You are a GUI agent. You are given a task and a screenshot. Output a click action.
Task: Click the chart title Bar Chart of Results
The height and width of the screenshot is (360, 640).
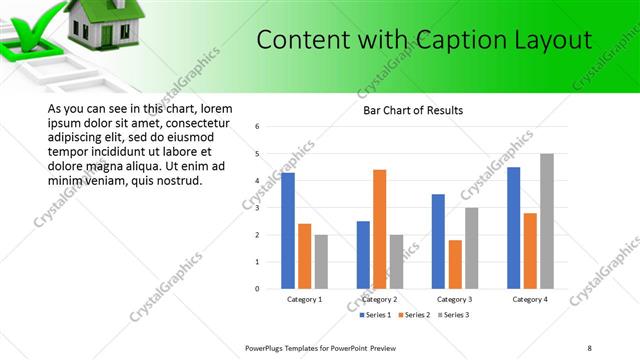[412, 110]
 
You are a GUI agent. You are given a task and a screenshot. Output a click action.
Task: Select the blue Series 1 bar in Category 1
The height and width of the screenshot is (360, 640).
[288, 230]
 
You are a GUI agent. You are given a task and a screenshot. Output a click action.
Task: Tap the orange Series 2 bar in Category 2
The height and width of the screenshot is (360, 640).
[380, 229]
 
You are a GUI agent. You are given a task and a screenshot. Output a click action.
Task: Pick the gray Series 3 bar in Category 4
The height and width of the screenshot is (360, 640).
[546, 221]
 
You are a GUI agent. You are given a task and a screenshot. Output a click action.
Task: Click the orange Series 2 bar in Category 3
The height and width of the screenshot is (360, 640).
[455, 264]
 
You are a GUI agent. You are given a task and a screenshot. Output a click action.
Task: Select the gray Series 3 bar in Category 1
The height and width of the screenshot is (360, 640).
[321, 262]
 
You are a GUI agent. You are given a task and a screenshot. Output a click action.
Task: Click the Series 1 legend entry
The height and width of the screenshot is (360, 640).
[378, 315]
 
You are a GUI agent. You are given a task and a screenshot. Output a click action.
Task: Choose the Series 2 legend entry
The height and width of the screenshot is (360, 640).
[414, 315]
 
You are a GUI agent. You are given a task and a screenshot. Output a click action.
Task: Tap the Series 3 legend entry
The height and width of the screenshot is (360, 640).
[452, 315]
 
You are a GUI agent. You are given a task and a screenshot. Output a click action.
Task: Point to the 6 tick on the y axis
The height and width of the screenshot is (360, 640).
[258, 127]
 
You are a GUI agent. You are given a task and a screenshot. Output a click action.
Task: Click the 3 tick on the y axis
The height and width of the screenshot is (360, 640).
[258, 208]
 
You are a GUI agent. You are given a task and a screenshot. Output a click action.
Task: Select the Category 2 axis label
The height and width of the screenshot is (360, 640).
[380, 299]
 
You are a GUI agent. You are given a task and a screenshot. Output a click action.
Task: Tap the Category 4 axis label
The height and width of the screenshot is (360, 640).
[530, 299]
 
